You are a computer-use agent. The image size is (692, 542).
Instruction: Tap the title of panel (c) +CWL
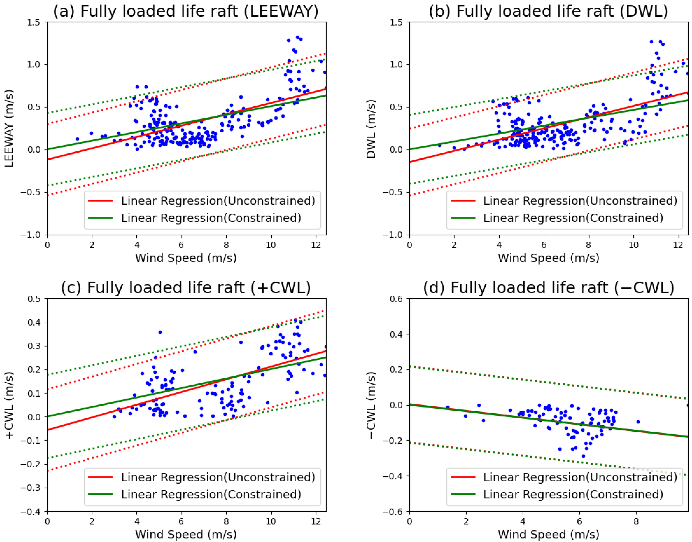click(x=186, y=288)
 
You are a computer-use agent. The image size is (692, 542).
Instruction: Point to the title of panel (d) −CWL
click(x=548, y=288)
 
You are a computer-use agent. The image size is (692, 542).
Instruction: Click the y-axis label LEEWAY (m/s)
click(x=9, y=129)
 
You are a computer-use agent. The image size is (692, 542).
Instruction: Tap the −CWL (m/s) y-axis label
click(x=371, y=405)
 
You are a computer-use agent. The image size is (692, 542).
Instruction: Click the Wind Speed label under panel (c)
click(x=186, y=534)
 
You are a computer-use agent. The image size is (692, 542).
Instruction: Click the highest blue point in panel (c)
click(x=160, y=332)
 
